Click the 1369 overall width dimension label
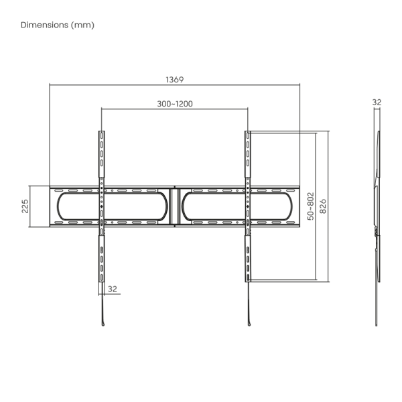(175, 80)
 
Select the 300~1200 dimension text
(175, 104)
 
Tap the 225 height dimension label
(25, 206)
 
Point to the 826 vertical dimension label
(323, 206)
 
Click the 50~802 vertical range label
(310, 206)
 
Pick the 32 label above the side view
(377, 103)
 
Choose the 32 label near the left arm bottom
(113, 289)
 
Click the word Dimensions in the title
(45, 25)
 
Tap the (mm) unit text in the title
(82, 25)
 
